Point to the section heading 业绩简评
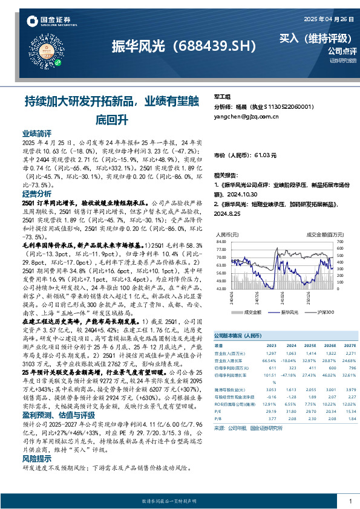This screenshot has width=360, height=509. click(37, 133)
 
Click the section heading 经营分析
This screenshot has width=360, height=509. click(37, 194)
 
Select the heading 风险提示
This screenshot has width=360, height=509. click(37, 458)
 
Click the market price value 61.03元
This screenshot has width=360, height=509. click(263, 155)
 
